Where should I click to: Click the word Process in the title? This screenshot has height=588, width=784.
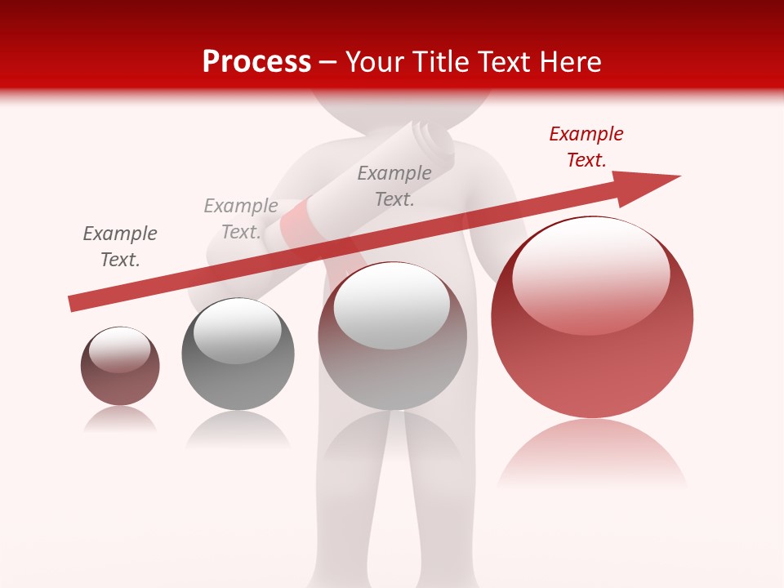point(256,61)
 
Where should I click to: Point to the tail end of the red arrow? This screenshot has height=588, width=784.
point(73,303)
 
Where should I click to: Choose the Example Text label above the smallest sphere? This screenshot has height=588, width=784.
point(120,247)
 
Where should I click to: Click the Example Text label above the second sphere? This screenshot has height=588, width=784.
point(241,219)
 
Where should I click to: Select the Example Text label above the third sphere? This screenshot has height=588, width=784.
point(394,185)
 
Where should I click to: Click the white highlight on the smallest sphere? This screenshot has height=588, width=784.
point(119,349)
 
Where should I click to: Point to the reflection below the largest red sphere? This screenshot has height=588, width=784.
point(592,453)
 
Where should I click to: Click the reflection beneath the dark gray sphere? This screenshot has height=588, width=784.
point(238,430)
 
